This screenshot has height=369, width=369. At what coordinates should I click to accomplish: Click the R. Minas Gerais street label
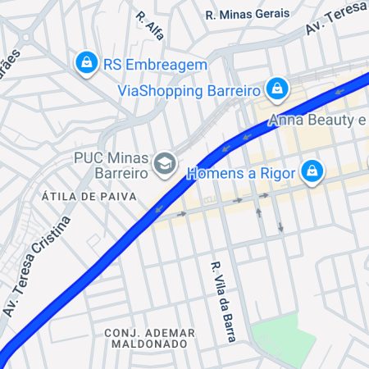(247, 14)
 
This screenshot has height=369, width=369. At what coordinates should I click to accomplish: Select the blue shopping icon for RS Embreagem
(85, 62)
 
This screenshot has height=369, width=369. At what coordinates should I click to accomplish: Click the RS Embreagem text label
(155, 63)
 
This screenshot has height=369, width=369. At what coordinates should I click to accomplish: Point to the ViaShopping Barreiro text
(189, 89)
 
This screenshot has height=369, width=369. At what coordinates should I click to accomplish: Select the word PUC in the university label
(88, 157)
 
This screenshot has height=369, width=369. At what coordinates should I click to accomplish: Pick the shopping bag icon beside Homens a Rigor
(312, 172)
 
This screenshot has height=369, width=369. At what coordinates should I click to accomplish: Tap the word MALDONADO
(149, 344)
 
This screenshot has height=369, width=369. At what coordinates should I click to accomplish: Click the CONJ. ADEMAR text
(149, 332)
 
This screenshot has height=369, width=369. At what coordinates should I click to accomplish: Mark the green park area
(282, 339)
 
